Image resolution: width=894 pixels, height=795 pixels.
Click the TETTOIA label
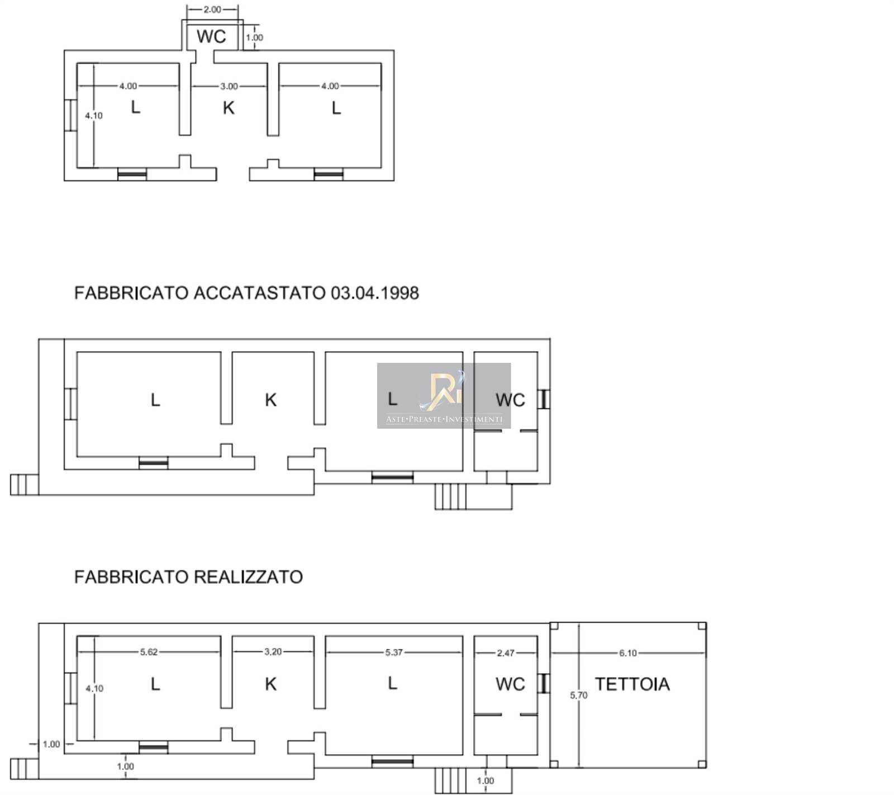click(632, 684)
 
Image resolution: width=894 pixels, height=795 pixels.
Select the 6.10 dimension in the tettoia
click(627, 653)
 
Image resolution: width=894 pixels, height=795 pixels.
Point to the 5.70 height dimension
click(579, 695)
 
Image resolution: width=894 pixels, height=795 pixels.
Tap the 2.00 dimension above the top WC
click(212, 10)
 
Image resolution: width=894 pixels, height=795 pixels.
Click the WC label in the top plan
click(211, 36)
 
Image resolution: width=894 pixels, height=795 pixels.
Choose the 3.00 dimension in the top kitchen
click(229, 86)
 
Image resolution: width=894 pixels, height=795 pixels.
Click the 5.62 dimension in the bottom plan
click(149, 652)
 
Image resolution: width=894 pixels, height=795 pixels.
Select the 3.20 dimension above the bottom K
click(273, 651)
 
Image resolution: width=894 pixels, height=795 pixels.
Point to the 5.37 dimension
click(394, 652)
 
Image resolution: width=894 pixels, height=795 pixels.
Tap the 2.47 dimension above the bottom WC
click(505, 652)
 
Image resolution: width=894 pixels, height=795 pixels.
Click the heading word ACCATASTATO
click(259, 293)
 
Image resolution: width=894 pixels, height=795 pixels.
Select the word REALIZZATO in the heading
click(249, 576)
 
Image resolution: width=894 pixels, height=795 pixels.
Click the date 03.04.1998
click(375, 293)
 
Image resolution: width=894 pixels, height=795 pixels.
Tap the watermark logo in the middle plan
click(444, 396)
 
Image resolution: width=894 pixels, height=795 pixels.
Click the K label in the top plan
click(229, 108)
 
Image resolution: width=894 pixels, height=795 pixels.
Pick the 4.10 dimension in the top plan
click(94, 116)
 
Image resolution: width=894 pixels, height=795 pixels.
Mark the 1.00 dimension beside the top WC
click(254, 37)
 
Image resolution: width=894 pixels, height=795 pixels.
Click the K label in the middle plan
click(271, 400)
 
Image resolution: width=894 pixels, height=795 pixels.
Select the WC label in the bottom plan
click(510, 684)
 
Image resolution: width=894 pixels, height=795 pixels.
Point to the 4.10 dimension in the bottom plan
click(94, 689)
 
